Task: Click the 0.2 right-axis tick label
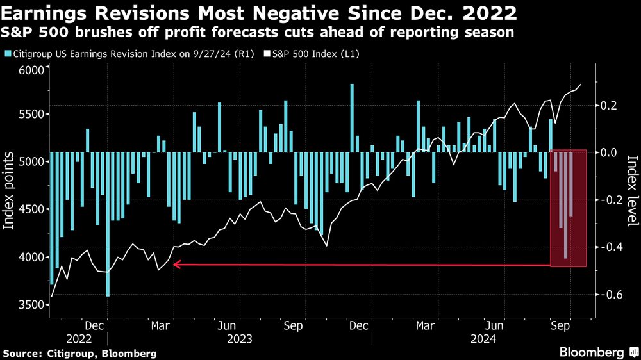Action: point(609,105)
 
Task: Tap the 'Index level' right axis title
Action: point(631,191)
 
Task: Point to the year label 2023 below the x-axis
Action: point(238,338)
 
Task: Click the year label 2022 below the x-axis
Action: point(79,338)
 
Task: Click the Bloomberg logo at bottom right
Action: point(592,352)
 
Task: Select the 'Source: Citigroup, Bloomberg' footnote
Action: point(80,353)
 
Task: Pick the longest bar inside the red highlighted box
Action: point(565,205)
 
